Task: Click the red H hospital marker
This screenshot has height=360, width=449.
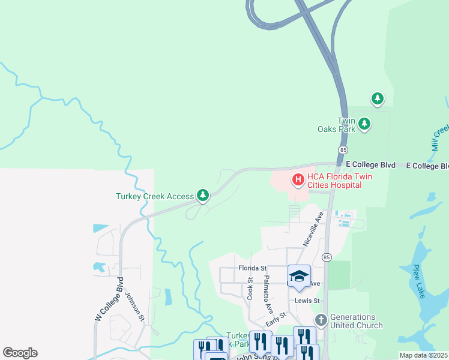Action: point(297,179)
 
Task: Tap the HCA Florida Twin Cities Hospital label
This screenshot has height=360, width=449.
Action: point(335,181)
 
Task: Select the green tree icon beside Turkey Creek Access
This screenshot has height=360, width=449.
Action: point(203,195)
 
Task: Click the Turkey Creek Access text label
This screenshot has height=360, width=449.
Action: point(155,196)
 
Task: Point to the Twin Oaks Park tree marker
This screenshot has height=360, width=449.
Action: point(364,124)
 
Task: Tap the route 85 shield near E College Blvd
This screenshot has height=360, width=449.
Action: point(343,149)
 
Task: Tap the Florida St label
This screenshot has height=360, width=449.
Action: point(252,268)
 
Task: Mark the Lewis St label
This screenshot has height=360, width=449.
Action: point(305,300)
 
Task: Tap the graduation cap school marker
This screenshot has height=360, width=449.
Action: point(299,276)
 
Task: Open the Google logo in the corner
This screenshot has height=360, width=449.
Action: point(20,353)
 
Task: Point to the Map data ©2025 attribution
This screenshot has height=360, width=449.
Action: point(423,355)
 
